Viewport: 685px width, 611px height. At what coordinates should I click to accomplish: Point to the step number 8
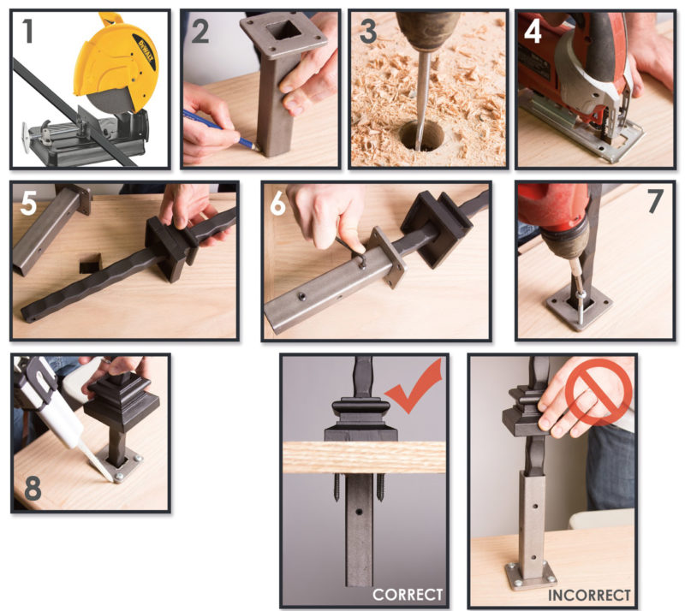[33, 489]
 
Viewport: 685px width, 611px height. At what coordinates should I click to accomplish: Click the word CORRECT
[407, 593]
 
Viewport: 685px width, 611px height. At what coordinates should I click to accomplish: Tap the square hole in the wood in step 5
[88, 264]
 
